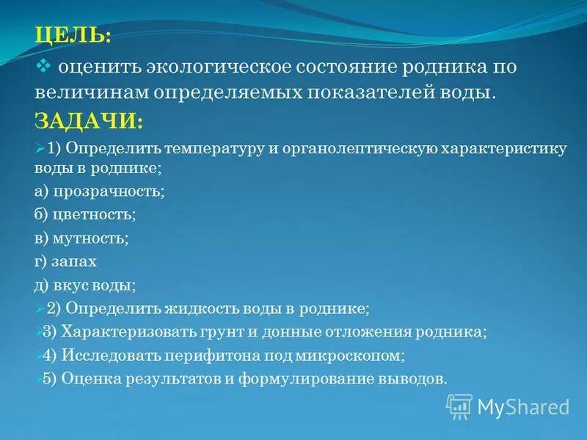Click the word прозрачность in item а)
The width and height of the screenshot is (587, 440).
(108, 191)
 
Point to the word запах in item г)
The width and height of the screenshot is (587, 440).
(75, 262)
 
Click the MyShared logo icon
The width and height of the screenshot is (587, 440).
(459, 406)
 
